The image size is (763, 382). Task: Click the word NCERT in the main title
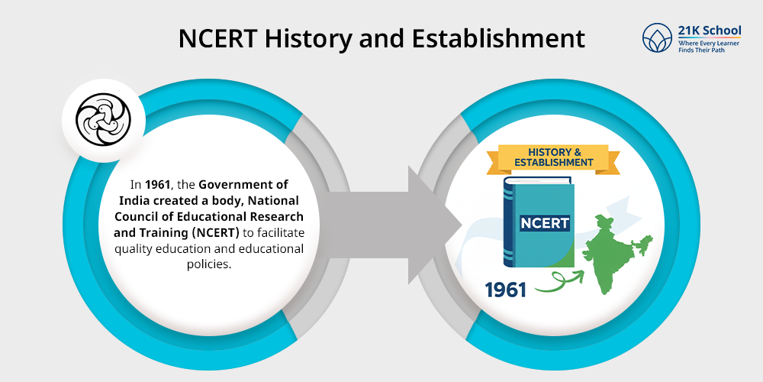pos(217,37)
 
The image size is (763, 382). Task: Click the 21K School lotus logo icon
pos(657,38)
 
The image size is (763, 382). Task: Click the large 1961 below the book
pos(506,290)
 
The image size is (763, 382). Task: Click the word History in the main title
pos(307,37)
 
